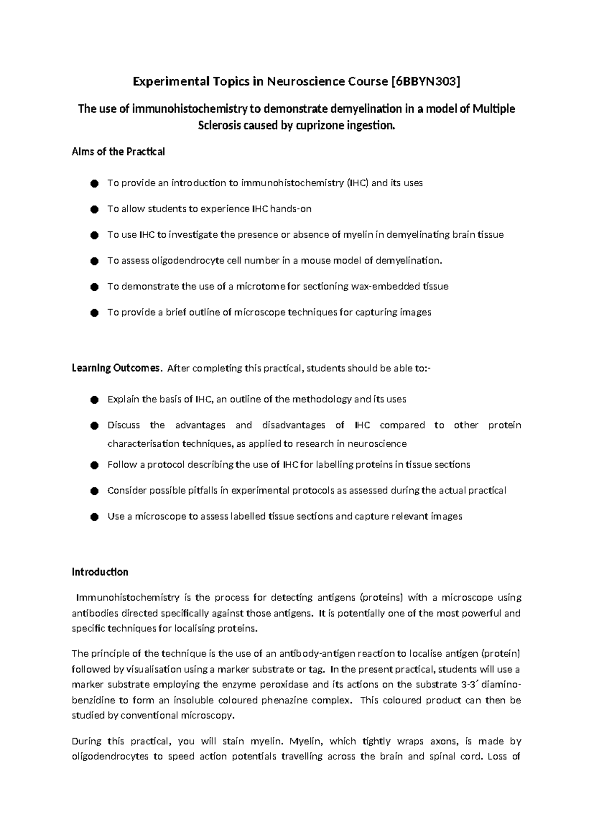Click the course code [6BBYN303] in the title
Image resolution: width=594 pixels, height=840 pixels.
click(425, 81)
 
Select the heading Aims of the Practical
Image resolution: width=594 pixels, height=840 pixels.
click(118, 152)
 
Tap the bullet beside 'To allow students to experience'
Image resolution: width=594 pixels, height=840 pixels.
click(94, 210)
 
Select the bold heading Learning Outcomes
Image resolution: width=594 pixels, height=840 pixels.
click(116, 368)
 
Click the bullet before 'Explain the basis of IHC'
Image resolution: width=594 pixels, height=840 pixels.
click(94, 400)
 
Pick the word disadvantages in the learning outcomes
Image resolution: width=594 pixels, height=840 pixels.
click(293, 425)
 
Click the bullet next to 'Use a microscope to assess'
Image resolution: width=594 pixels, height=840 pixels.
click(94, 517)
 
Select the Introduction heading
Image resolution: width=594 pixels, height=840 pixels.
click(100, 572)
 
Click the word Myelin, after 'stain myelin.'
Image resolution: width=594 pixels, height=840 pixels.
click(306, 741)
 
